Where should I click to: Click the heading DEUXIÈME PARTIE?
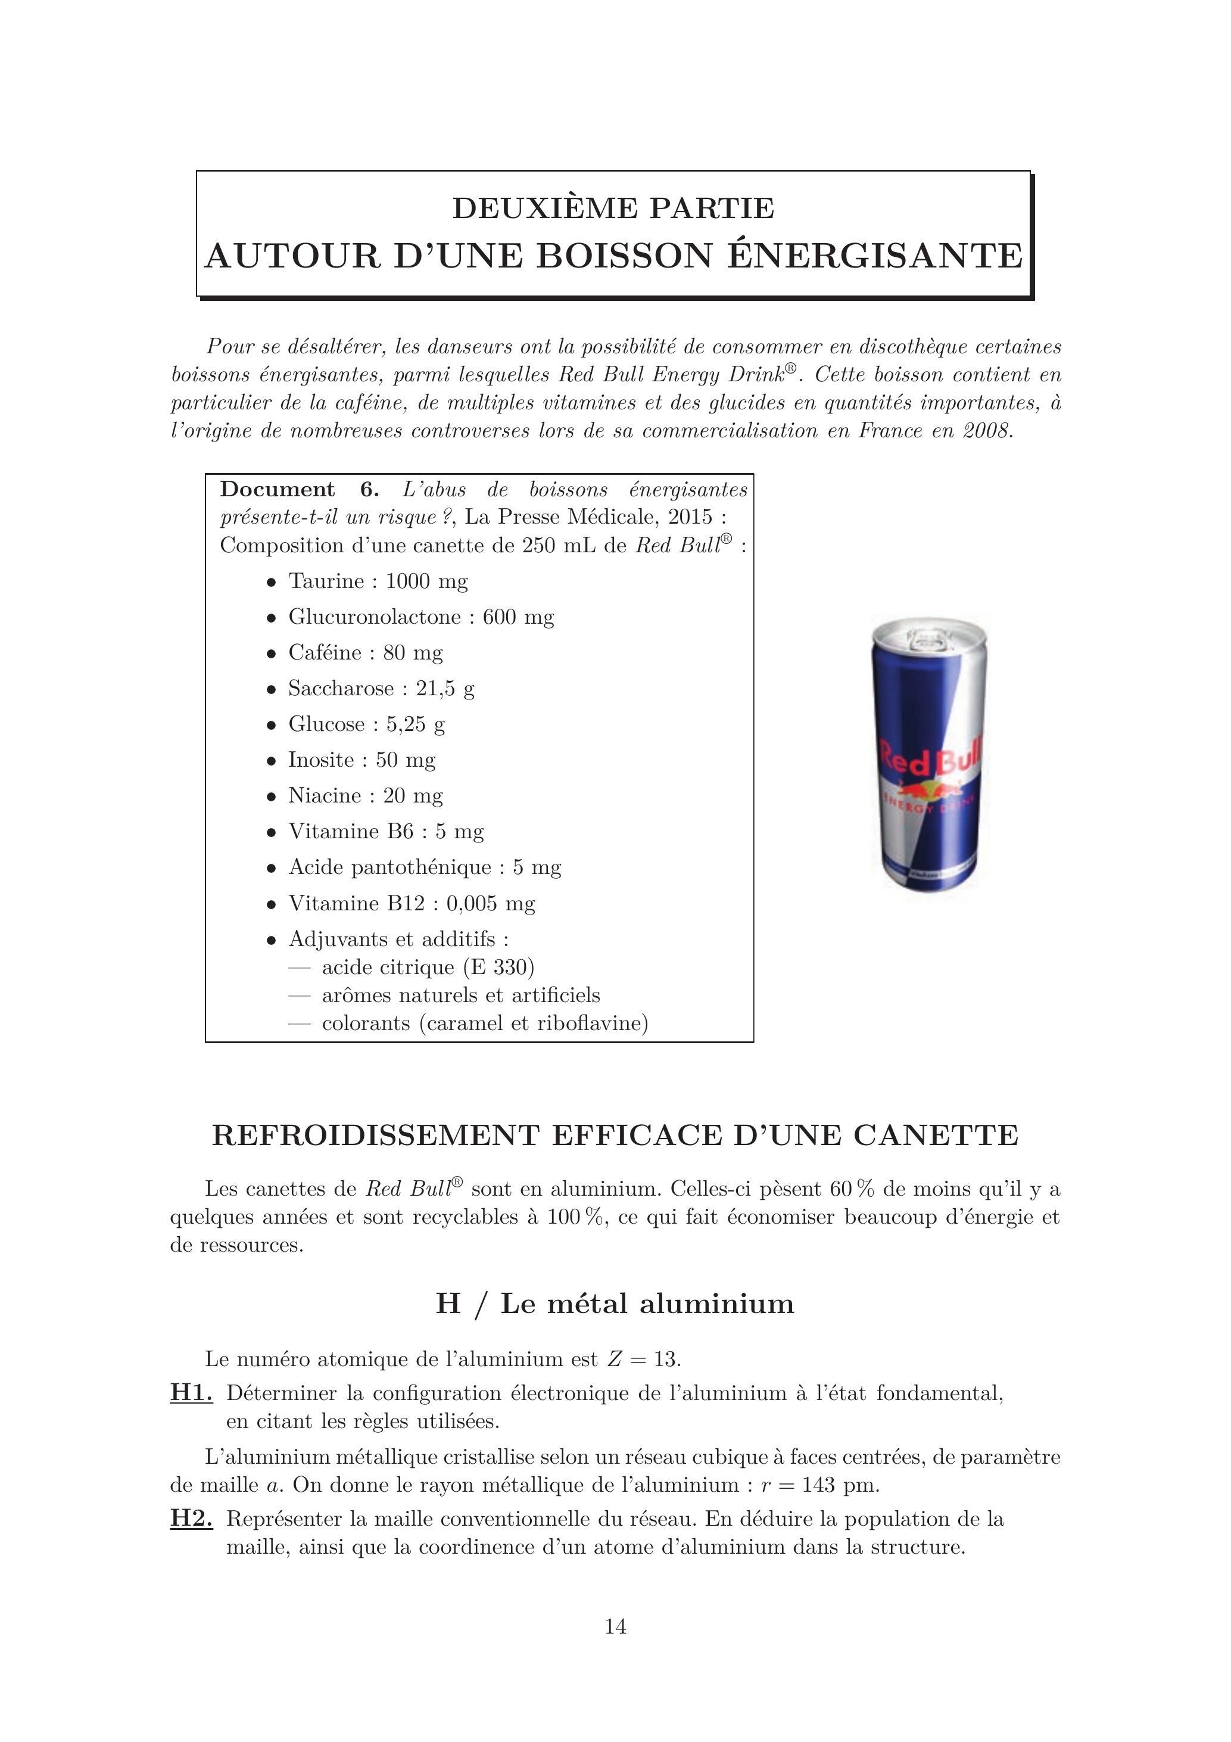pyautogui.click(x=613, y=208)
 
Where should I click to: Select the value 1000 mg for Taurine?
pyautogui.click(x=427, y=581)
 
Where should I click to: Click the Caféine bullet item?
pyautogui.click(x=366, y=652)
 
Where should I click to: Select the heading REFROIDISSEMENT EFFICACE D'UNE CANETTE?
pyautogui.click(x=615, y=1136)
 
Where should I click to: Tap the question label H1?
pyautogui.click(x=191, y=1393)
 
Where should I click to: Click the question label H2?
pyautogui.click(x=191, y=1519)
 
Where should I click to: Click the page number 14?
pyautogui.click(x=615, y=1626)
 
